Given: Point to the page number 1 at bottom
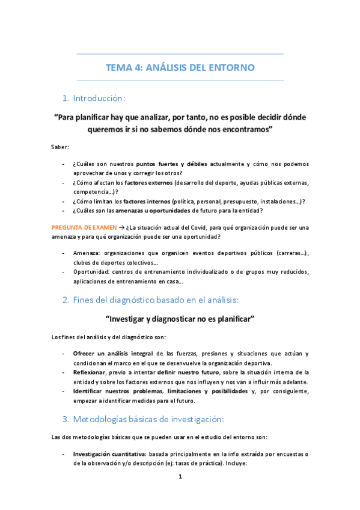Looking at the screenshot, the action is coord(180,476).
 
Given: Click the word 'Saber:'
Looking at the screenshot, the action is coord(60,147).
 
